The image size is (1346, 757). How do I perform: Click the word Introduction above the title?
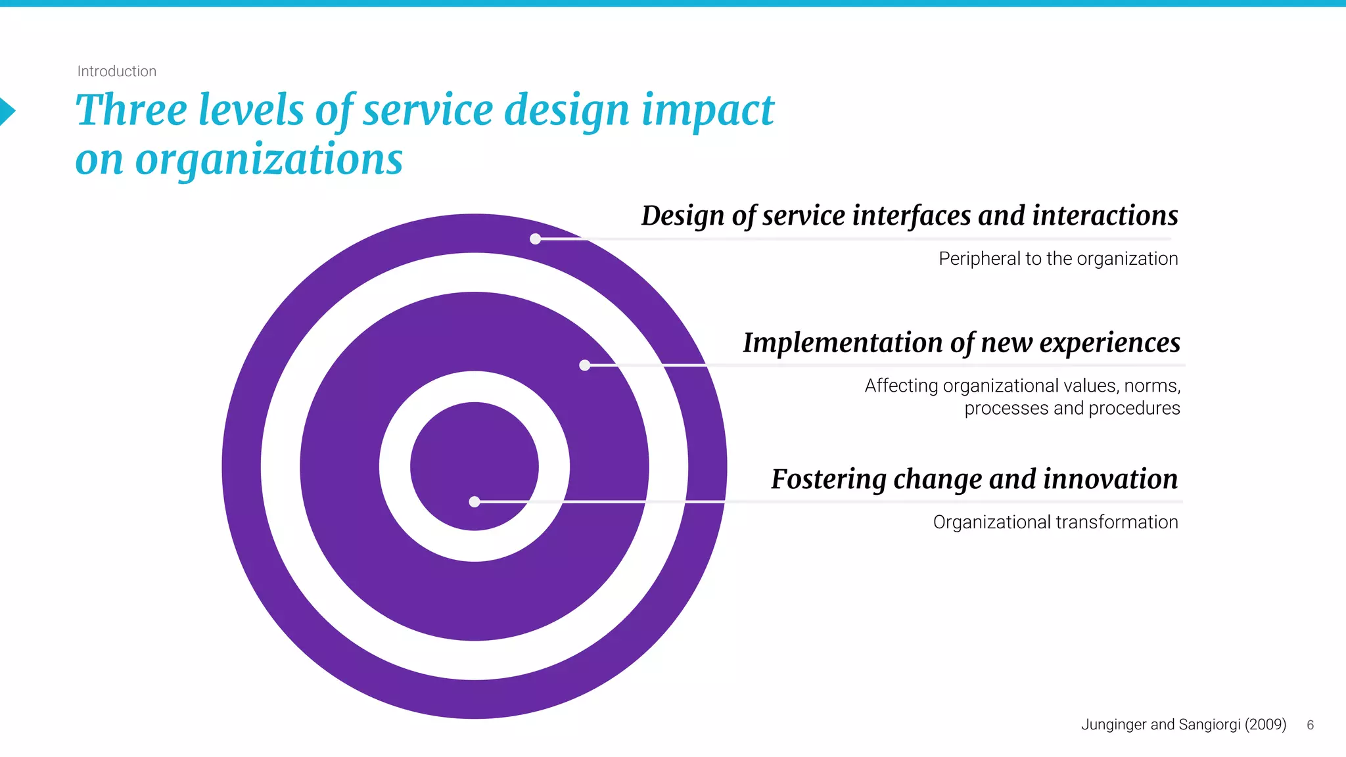116,71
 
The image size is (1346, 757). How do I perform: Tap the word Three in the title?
131,110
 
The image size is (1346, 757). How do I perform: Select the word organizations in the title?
269,160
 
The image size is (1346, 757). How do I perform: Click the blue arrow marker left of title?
7,111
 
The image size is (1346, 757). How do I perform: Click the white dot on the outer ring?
536,239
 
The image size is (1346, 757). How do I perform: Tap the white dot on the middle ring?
584,365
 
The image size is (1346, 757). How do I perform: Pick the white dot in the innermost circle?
475,501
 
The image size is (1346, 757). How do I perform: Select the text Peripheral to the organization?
1057,259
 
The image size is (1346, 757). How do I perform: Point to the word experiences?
1109,343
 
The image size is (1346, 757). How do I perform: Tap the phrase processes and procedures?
1072,408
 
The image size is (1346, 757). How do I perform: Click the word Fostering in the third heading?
828,479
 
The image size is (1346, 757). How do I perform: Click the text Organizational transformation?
1055,522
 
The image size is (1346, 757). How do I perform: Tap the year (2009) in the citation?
1265,724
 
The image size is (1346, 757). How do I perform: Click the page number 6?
1310,725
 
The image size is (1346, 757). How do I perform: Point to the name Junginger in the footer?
1114,724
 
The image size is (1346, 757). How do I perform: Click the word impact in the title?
708,110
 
